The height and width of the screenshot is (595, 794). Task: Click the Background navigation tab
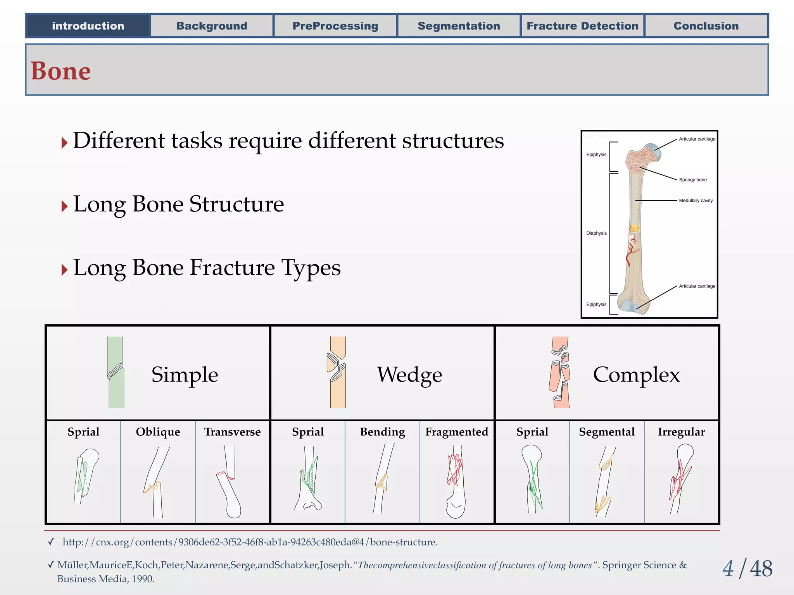[212, 26]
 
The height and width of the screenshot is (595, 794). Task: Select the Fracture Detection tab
[582, 26]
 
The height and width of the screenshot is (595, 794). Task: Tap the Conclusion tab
[706, 26]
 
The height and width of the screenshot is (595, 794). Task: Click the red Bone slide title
[61, 71]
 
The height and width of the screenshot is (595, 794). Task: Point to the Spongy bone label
[693, 180]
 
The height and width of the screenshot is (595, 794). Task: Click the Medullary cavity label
[696, 201]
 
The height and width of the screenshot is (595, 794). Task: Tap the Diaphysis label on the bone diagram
[596, 233]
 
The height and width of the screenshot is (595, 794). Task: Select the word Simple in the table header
[185, 375]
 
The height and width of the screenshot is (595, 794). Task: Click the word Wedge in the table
[409, 375]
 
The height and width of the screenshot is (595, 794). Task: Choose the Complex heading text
[636, 375]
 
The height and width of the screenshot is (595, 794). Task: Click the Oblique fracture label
[158, 432]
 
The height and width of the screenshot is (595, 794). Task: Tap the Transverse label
[232, 432]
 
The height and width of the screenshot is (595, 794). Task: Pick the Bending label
[382, 432]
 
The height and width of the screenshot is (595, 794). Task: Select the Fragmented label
[457, 432]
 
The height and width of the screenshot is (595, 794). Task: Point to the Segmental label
[607, 432]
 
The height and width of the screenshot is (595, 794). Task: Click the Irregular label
[681, 432]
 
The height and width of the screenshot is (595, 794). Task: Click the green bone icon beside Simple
[116, 372]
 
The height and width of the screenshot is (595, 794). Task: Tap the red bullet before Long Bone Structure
[64, 206]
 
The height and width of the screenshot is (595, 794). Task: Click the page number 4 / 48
[747, 569]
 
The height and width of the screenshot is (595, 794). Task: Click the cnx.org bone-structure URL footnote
[250, 542]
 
